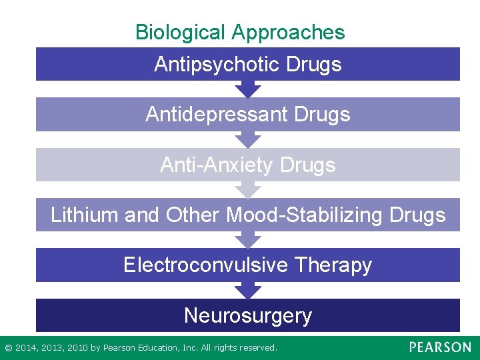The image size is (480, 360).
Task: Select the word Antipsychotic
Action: pyautogui.click(x=215, y=64)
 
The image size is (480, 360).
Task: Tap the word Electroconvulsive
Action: pyautogui.click(x=205, y=265)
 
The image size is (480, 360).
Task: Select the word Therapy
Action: pyautogui.click(x=333, y=265)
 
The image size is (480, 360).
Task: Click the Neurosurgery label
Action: pyautogui.click(x=248, y=315)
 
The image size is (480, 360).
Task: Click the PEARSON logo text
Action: pyautogui.click(x=440, y=347)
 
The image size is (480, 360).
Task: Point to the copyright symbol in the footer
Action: pyautogui.click(x=8, y=348)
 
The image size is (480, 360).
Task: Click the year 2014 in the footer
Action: pyautogui.click(x=25, y=348)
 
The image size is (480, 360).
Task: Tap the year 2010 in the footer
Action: pyautogui.click(x=75, y=348)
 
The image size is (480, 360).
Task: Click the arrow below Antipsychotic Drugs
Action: pyautogui.click(x=248, y=89)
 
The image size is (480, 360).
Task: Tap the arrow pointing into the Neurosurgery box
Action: pyautogui.click(x=248, y=290)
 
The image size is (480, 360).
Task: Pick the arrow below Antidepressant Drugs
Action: pyautogui.click(x=248, y=139)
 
